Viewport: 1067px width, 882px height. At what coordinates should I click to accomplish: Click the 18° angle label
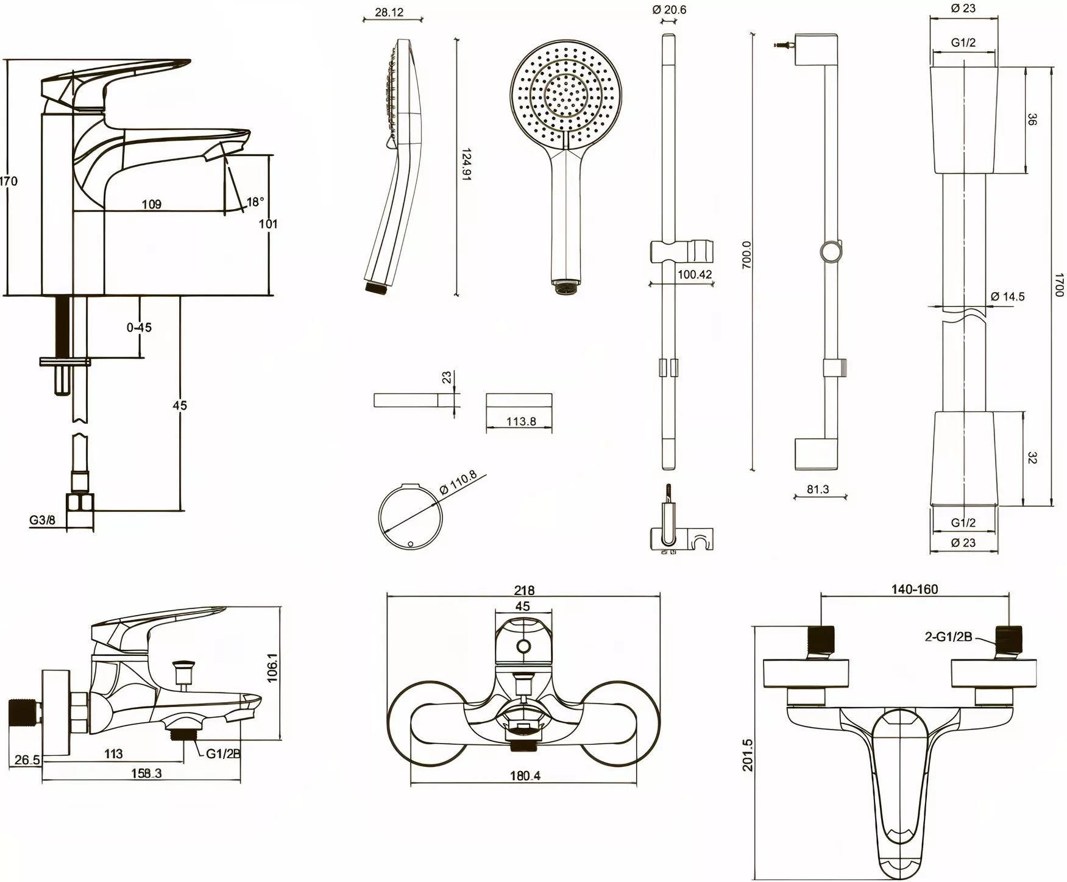255,202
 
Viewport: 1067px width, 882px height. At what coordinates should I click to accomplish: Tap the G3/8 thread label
42,520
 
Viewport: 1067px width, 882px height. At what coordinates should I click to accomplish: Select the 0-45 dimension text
139,327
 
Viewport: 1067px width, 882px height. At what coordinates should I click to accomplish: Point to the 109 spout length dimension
152,204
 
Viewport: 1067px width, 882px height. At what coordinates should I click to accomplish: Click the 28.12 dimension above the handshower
389,12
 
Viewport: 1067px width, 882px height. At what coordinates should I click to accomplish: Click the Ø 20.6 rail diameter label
668,9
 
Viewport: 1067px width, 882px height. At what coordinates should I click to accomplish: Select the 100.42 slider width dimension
695,275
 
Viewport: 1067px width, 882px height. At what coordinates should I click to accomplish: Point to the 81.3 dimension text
817,489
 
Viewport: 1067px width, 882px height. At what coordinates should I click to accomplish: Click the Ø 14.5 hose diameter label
1007,297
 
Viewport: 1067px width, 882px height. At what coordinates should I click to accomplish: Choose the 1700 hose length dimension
1059,285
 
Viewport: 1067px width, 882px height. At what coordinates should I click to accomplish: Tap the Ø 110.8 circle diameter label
458,482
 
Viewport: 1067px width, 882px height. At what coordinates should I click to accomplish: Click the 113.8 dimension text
521,421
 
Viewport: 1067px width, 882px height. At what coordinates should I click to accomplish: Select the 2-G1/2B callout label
948,637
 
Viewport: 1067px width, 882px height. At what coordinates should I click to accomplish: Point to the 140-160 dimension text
915,589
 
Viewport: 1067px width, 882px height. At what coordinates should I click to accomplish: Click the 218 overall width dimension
524,590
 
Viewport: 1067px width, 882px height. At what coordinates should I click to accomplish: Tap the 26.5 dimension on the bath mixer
27,760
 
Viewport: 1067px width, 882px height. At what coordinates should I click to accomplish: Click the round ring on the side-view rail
832,252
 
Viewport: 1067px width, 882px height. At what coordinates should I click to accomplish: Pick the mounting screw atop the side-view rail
785,44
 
